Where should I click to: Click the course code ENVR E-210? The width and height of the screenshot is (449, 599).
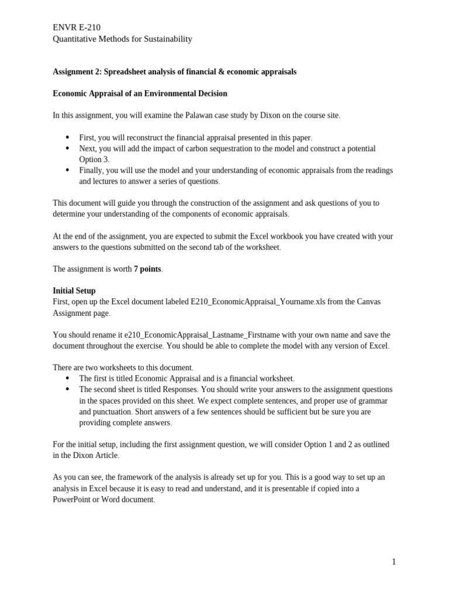pyautogui.click(x=77, y=27)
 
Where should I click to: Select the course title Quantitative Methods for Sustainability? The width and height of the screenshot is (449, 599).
pyautogui.click(x=122, y=39)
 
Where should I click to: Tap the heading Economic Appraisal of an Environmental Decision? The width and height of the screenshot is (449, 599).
pyautogui.click(x=140, y=94)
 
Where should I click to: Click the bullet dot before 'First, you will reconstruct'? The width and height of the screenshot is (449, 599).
pyautogui.click(x=67, y=137)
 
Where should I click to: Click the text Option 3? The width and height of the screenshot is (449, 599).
pyautogui.click(x=94, y=159)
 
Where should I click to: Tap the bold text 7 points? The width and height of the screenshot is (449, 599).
pyautogui.click(x=147, y=269)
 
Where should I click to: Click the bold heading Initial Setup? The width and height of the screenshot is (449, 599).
pyautogui.click(x=74, y=291)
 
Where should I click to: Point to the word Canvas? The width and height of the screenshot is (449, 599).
pyautogui.click(x=368, y=302)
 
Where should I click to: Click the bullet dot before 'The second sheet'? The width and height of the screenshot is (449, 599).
pyautogui.click(x=67, y=390)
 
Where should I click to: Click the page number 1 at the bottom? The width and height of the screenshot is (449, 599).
pyautogui.click(x=394, y=562)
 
